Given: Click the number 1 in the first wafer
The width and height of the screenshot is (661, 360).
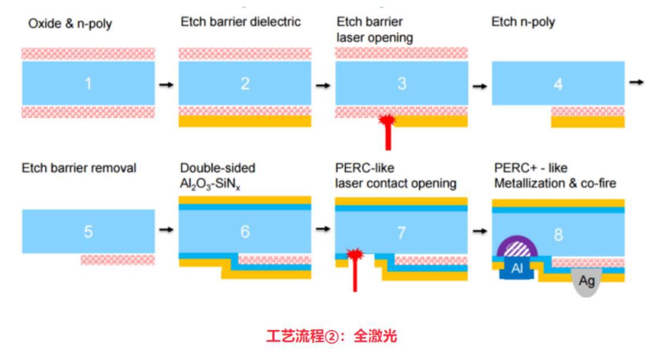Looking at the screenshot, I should point(88,84).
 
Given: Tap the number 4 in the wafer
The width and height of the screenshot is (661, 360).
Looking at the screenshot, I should point(557,84).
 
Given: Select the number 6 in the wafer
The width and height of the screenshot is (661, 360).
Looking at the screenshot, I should point(244,232).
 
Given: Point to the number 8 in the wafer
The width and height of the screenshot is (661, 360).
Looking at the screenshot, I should point(557,235).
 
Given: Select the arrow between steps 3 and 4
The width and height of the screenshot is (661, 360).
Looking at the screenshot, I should point(480,85).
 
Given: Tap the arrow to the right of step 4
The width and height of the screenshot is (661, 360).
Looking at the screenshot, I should point(636,82).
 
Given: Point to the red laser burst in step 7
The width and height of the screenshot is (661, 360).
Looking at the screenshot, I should point(355,255).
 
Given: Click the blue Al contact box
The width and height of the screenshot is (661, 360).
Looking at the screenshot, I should point(517,269).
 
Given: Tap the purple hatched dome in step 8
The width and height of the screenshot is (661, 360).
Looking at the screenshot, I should point(516,247).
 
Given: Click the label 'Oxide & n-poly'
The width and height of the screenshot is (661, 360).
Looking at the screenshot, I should point(70,24).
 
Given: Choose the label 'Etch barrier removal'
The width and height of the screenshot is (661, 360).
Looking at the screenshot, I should point(79,168).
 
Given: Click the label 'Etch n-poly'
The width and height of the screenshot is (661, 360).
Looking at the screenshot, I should point(523,22).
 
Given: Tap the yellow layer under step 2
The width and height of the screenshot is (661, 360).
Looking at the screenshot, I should point(244,121).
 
